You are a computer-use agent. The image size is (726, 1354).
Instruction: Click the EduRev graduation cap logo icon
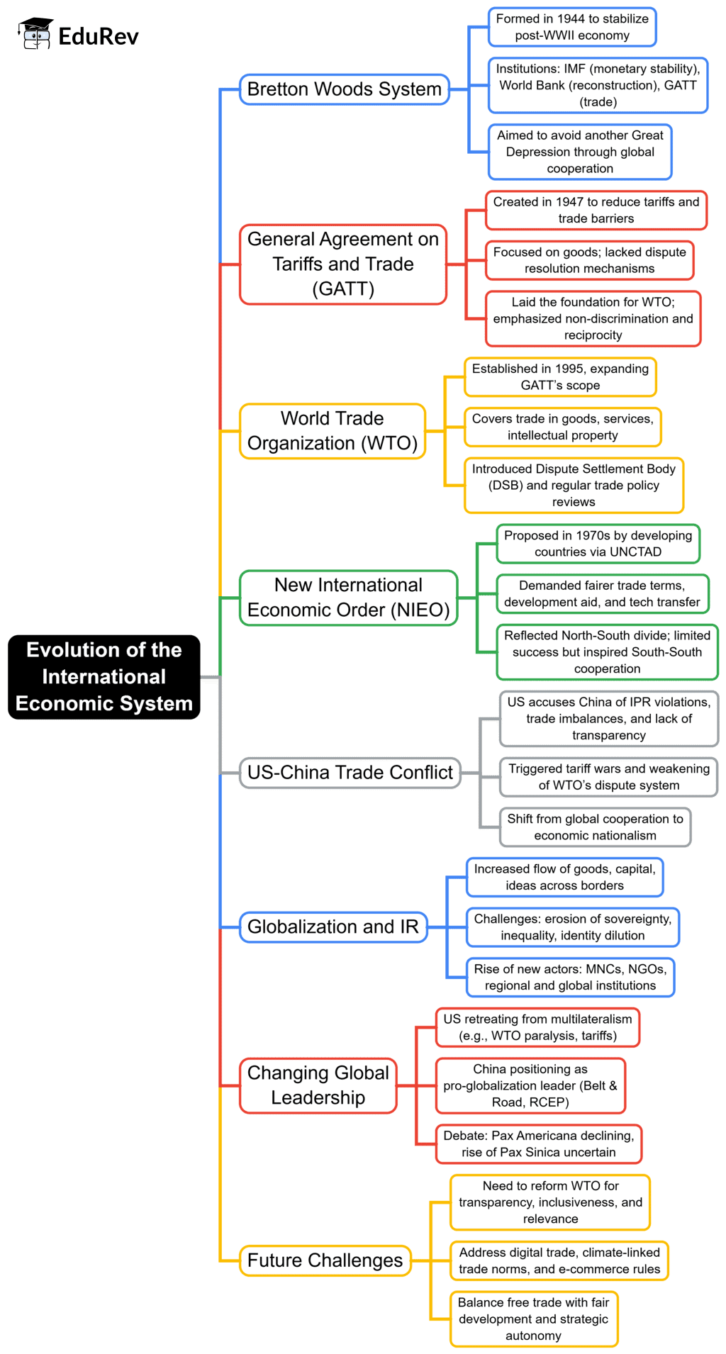(35, 34)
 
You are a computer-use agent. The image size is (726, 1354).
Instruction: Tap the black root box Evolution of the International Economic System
(104, 676)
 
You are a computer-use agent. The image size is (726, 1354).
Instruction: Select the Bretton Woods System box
(344, 89)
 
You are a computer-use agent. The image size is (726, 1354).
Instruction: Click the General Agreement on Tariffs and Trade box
(343, 264)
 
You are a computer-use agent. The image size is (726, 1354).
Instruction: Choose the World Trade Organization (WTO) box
(332, 431)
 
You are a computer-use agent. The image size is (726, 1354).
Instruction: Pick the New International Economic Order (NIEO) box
(348, 598)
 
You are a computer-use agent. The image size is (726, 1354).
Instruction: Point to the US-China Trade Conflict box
(350, 772)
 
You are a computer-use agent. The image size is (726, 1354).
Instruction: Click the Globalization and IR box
(333, 927)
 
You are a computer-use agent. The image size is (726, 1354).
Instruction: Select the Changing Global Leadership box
(318, 1085)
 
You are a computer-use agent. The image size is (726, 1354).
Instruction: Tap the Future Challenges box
(325, 1260)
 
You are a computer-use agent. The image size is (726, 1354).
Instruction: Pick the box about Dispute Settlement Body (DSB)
(574, 485)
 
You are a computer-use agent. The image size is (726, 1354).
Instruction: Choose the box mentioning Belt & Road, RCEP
(530, 1085)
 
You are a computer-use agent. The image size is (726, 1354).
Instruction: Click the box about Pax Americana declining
(538, 1143)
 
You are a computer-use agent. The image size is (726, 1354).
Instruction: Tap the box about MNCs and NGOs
(570, 977)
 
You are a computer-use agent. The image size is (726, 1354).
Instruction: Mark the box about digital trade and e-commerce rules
(559, 1260)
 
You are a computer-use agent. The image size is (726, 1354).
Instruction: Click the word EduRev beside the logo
(99, 36)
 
